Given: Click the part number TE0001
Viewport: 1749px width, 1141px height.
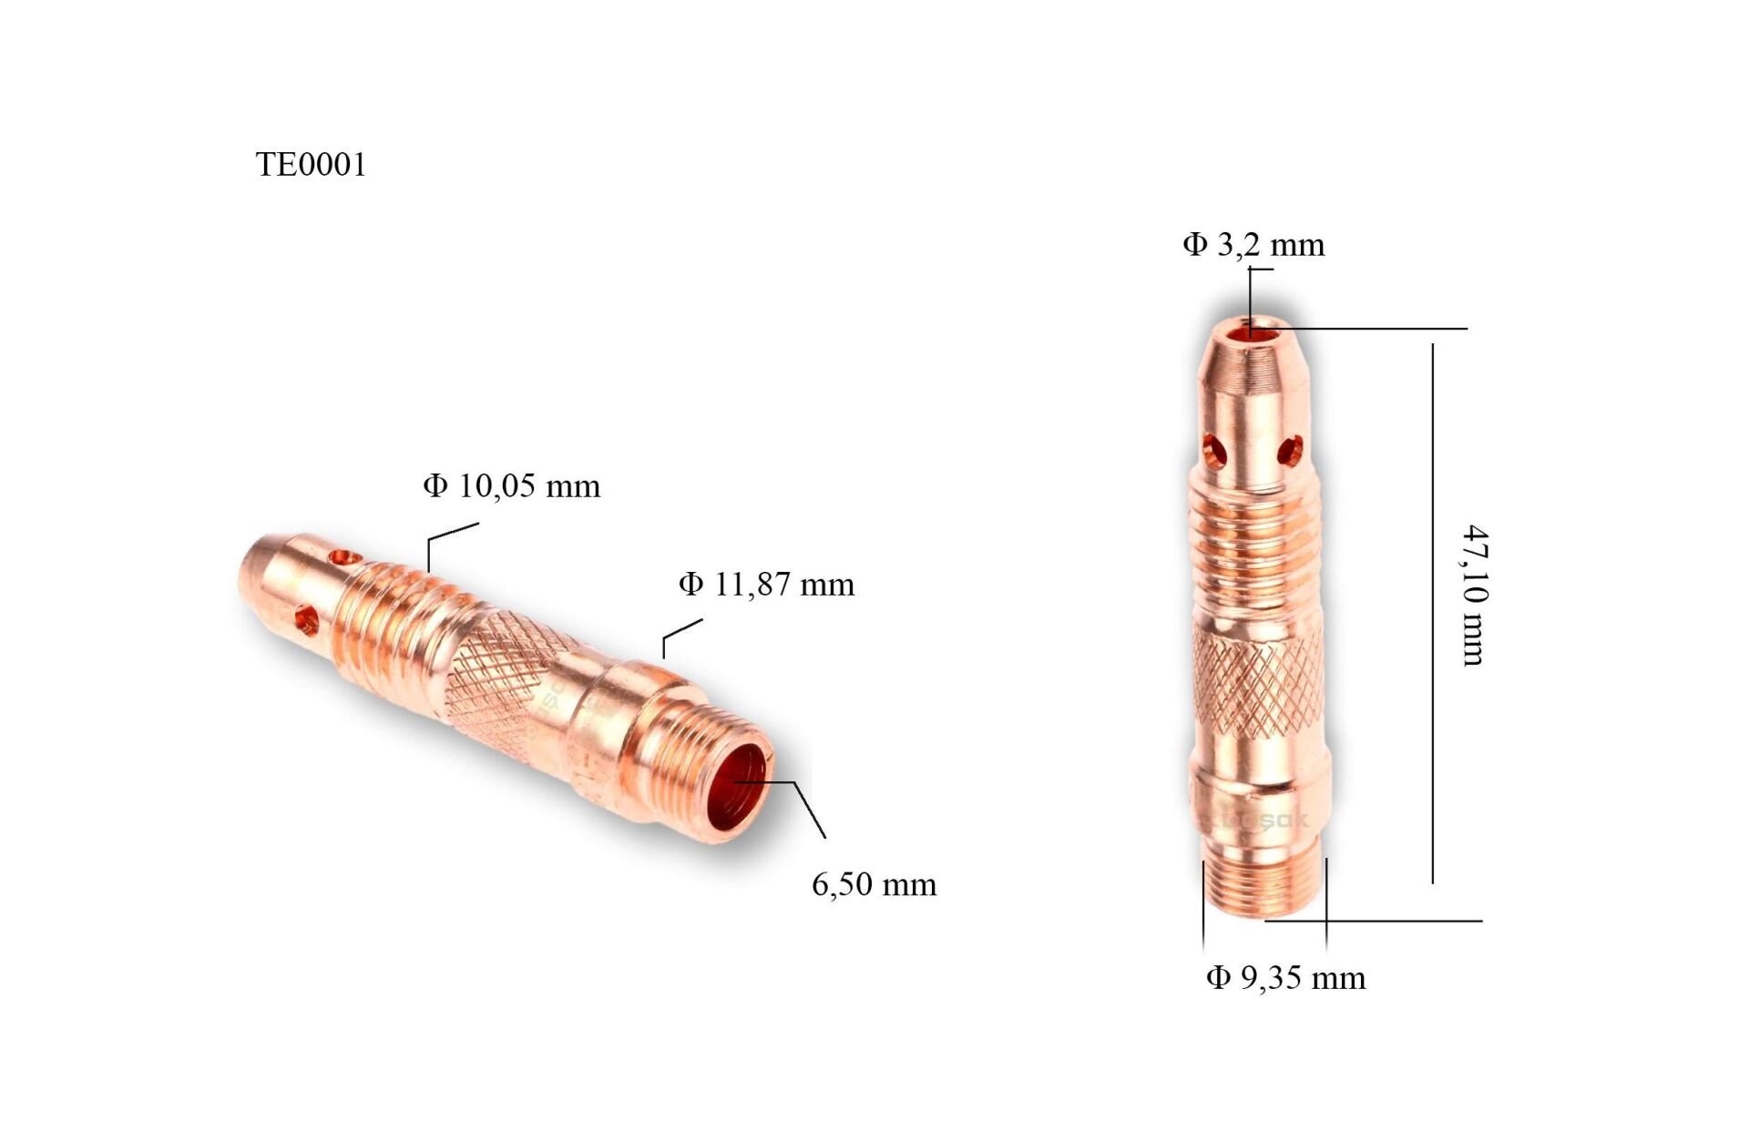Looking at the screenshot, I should pyautogui.click(x=311, y=165).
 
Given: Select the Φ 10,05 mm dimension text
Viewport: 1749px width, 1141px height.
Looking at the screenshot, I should pyautogui.click(x=511, y=486).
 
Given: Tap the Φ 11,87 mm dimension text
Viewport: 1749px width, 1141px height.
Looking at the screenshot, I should pyautogui.click(x=766, y=584).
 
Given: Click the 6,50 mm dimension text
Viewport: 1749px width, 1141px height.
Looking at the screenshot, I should pyautogui.click(x=874, y=884).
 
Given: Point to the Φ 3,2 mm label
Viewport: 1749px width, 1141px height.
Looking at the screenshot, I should pyautogui.click(x=1253, y=244).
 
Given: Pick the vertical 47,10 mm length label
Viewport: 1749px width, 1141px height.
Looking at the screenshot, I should pyautogui.click(x=1474, y=596).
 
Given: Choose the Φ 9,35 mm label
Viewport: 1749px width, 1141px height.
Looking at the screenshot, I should pyautogui.click(x=1285, y=978).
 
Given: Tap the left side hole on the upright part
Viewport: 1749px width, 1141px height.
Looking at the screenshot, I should pyautogui.click(x=1213, y=450).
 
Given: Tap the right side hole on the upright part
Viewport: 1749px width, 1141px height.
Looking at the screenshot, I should pyautogui.click(x=1290, y=450).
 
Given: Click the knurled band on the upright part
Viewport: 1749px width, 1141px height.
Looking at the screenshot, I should pyautogui.click(x=1257, y=683).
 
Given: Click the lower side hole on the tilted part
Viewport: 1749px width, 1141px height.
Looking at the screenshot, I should pyautogui.click(x=307, y=622).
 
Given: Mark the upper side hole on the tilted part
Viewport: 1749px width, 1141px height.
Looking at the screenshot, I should pyautogui.click(x=344, y=555).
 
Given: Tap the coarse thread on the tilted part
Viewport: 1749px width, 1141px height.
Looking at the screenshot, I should pyautogui.click(x=392, y=619).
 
